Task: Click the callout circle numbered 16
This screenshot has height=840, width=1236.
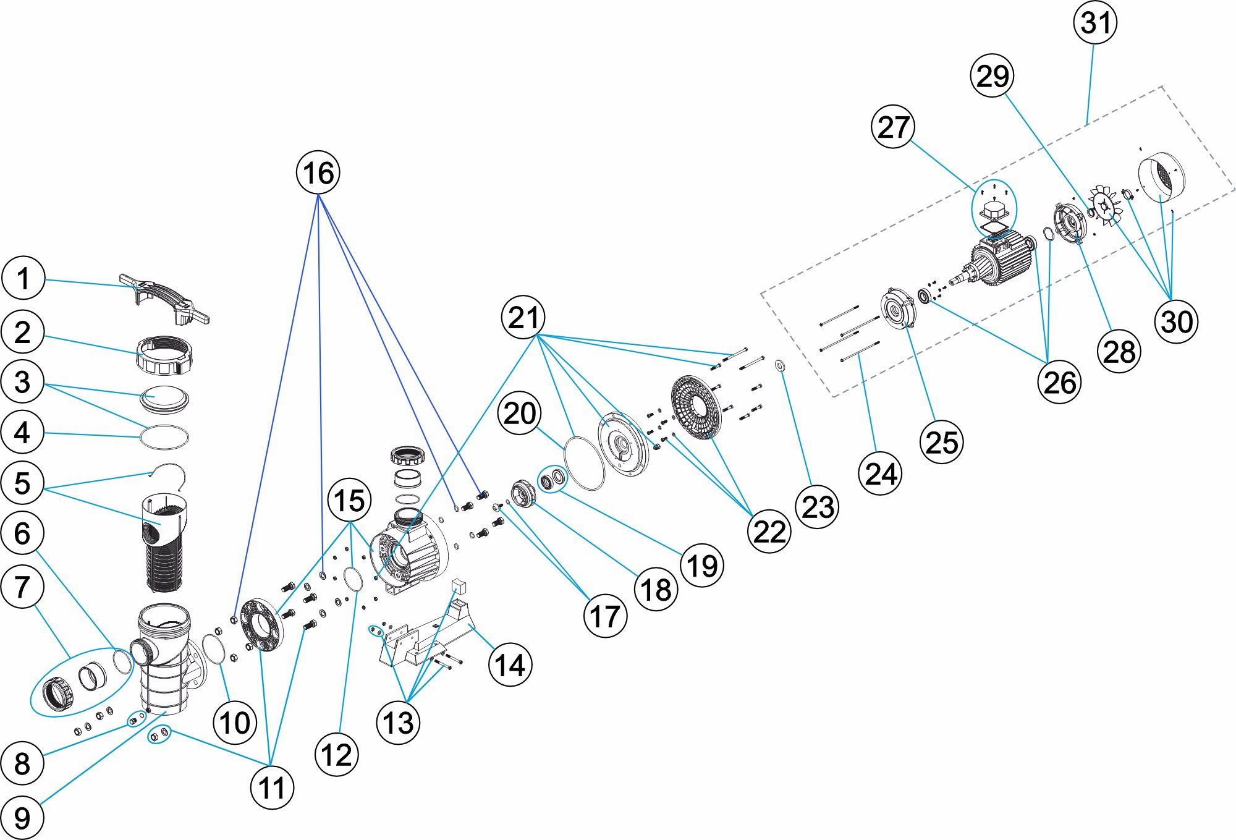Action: point(319,172)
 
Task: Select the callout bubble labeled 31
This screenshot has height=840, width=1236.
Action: point(1096,23)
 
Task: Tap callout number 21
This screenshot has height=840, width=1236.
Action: point(523,318)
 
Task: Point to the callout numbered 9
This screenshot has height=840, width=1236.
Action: point(22,817)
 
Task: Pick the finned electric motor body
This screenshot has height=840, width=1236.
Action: point(1001,260)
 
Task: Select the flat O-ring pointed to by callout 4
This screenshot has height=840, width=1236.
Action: point(164,438)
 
